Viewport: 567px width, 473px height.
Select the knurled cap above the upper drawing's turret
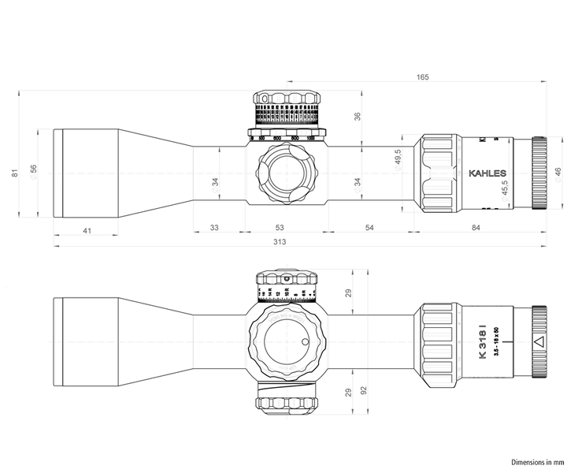click(x=288, y=98)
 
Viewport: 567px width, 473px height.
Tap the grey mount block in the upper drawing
click(x=218, y=173)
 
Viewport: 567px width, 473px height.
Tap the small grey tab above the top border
click(x=422, y=73)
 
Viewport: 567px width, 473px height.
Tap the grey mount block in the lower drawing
click(x=218, y=344)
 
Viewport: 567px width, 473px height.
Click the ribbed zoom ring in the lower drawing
click(x=439, y=344)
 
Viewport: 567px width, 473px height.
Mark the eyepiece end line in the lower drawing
click(x=545, y=344)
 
